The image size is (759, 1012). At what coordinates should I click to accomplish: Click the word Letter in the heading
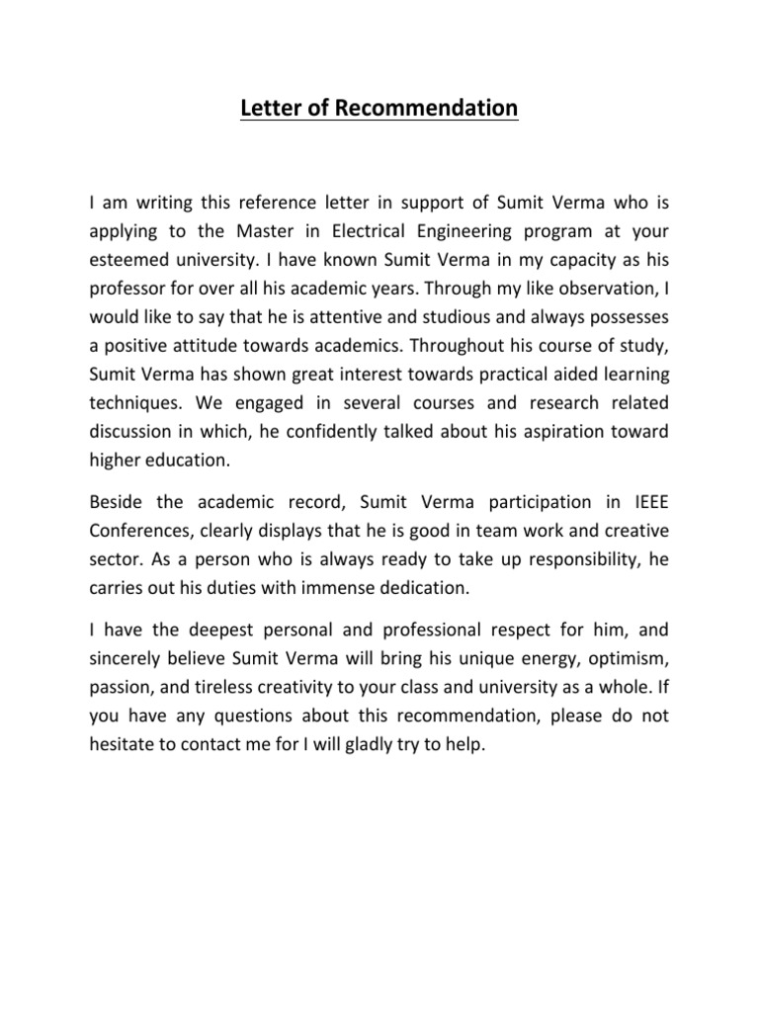click(269, 108)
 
